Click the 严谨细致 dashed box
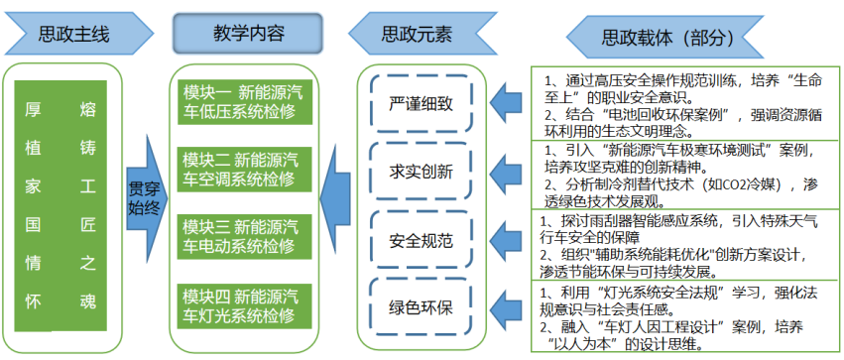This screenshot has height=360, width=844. pyautogui.click(x=418, y=103)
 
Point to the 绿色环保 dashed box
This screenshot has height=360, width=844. pyautogui.click(x=418, y=305)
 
